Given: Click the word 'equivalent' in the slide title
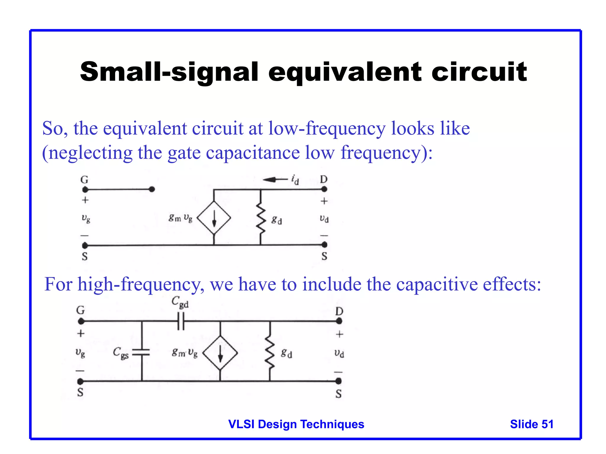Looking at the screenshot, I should (345, 72).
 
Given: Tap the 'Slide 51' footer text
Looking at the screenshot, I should (531, 424).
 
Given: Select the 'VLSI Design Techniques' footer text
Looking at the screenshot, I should (296, 424).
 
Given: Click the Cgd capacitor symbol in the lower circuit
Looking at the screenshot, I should (181, 321).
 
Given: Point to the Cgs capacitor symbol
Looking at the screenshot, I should (141, 352).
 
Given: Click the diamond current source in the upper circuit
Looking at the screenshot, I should (214, 218).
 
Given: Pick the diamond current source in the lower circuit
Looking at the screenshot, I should (220, 353).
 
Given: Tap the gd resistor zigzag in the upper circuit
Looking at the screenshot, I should (260, 218).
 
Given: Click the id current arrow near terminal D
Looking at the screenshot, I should (275, 179).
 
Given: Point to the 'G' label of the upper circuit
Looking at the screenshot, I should (85, 180).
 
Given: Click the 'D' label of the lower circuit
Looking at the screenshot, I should (339, 311).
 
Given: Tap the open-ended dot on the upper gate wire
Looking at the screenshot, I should (152, 189).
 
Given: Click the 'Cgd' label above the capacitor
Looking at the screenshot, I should (180, 302).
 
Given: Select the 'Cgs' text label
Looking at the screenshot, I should (121, 353).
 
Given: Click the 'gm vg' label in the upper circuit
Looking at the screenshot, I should (180, 218).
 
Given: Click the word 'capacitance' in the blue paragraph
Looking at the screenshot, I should (253, 153).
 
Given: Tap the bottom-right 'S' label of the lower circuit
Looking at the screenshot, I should (339, 394).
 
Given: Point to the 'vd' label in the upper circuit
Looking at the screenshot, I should (324, 218).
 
